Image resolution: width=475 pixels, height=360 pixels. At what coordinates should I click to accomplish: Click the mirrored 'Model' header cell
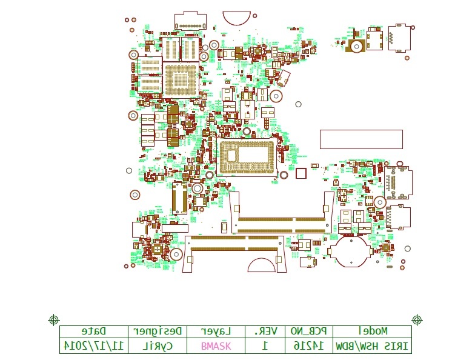[x=372, y=332]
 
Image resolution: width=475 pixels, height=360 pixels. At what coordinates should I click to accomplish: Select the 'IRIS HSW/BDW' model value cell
[x=372, y=346]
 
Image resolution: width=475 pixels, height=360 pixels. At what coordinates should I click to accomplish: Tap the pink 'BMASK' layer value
[x=216, y=346]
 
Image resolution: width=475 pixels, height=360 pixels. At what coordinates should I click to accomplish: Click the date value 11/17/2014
[x=93, y=346]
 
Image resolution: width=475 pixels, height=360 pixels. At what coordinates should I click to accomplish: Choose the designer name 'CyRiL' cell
[x=157, y=346]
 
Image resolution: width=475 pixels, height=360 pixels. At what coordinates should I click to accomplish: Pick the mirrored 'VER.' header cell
[x=265, y=332]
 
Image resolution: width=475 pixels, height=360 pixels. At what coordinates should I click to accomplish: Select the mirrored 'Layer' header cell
[x=216, y=332]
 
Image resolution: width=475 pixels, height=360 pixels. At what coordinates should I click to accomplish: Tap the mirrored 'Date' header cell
[x=93, y=332]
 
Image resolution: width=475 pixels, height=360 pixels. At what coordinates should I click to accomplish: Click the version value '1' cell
[x=265, y=346]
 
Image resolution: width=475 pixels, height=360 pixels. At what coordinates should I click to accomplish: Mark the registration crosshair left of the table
[x=53, y=319]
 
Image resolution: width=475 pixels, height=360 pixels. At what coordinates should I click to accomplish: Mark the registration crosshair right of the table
[x=417, y=319]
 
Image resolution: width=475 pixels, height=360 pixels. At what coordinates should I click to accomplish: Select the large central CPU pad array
[x=247, y=157]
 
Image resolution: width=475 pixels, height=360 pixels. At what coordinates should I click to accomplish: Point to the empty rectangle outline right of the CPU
[x=361, y=139]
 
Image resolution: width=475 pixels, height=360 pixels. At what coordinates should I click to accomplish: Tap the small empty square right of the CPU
[x=301, y=174]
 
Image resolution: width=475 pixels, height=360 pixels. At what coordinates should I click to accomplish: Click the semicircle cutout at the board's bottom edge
[x=261, y=266]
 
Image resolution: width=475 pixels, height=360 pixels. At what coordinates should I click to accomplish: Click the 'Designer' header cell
[x=157, y=332]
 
